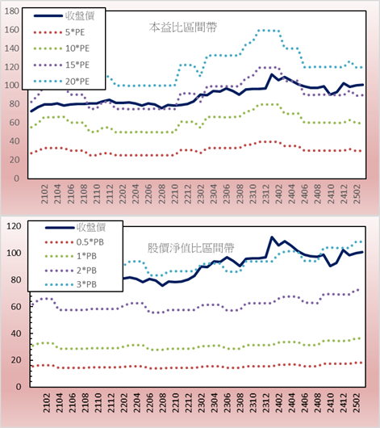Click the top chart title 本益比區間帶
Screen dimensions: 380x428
pos(183,27)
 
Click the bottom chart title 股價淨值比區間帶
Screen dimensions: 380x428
pos(190,248)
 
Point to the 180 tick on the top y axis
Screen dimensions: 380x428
pos(12,11)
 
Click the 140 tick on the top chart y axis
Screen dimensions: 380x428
pos(12,48)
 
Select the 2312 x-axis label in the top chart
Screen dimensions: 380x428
pos(265,194)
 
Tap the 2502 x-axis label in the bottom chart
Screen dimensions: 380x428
pos(357,403)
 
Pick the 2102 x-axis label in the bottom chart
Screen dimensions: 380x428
pos(47,403)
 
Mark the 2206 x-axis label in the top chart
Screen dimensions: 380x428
pos(148,194)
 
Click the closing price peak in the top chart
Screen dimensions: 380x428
pos(272,74)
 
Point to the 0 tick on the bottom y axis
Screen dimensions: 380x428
pos(19,387)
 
